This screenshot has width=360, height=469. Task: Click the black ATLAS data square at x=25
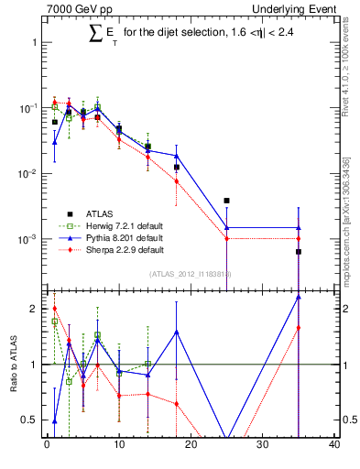(x=226, y=201)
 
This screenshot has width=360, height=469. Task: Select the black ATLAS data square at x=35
(x=298, y=252)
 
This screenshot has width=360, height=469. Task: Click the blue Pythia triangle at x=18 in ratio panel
(x=176, y=332)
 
